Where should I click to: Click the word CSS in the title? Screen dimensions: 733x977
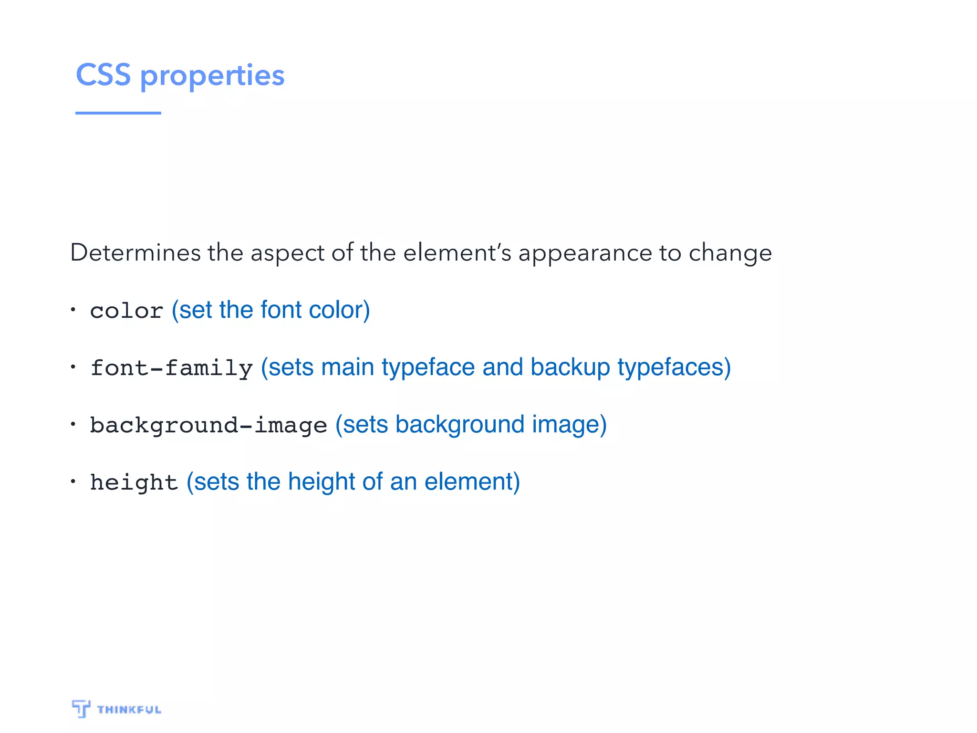(x=103, y=75)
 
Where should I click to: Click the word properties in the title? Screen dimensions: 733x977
(x=212, y=76)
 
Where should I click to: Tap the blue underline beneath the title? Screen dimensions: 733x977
(x=118, y=113)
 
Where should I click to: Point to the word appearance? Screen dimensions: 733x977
(x=585, y=253)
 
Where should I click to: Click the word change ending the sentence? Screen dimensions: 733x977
(x=730, y=253)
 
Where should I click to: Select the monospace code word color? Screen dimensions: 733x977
(x=126, y=311)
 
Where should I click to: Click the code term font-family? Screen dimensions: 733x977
(x=171, y=368)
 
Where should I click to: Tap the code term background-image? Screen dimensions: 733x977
(x=208, y=425)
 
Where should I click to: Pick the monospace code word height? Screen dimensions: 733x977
(x=134, y=482)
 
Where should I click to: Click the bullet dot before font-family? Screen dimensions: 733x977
(x=73, y=367)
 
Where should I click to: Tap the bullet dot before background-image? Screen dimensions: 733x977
(x=73, y=424)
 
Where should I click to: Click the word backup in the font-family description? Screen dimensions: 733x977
(x=570, y=367)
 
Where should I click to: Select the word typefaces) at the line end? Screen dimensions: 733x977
(x=674, y=367)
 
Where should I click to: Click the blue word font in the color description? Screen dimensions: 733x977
(x=281, y=310)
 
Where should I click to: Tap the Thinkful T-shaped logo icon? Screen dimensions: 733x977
(x=81, y=709)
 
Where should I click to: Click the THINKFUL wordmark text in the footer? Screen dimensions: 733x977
(x=129, y=710)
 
